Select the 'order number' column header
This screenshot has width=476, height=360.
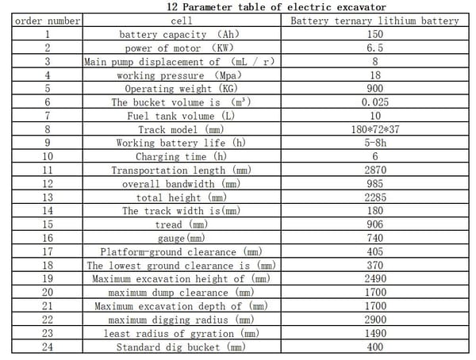point(48,21)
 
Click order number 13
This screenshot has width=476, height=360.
point(48,197)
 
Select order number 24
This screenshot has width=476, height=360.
point(48,347)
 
